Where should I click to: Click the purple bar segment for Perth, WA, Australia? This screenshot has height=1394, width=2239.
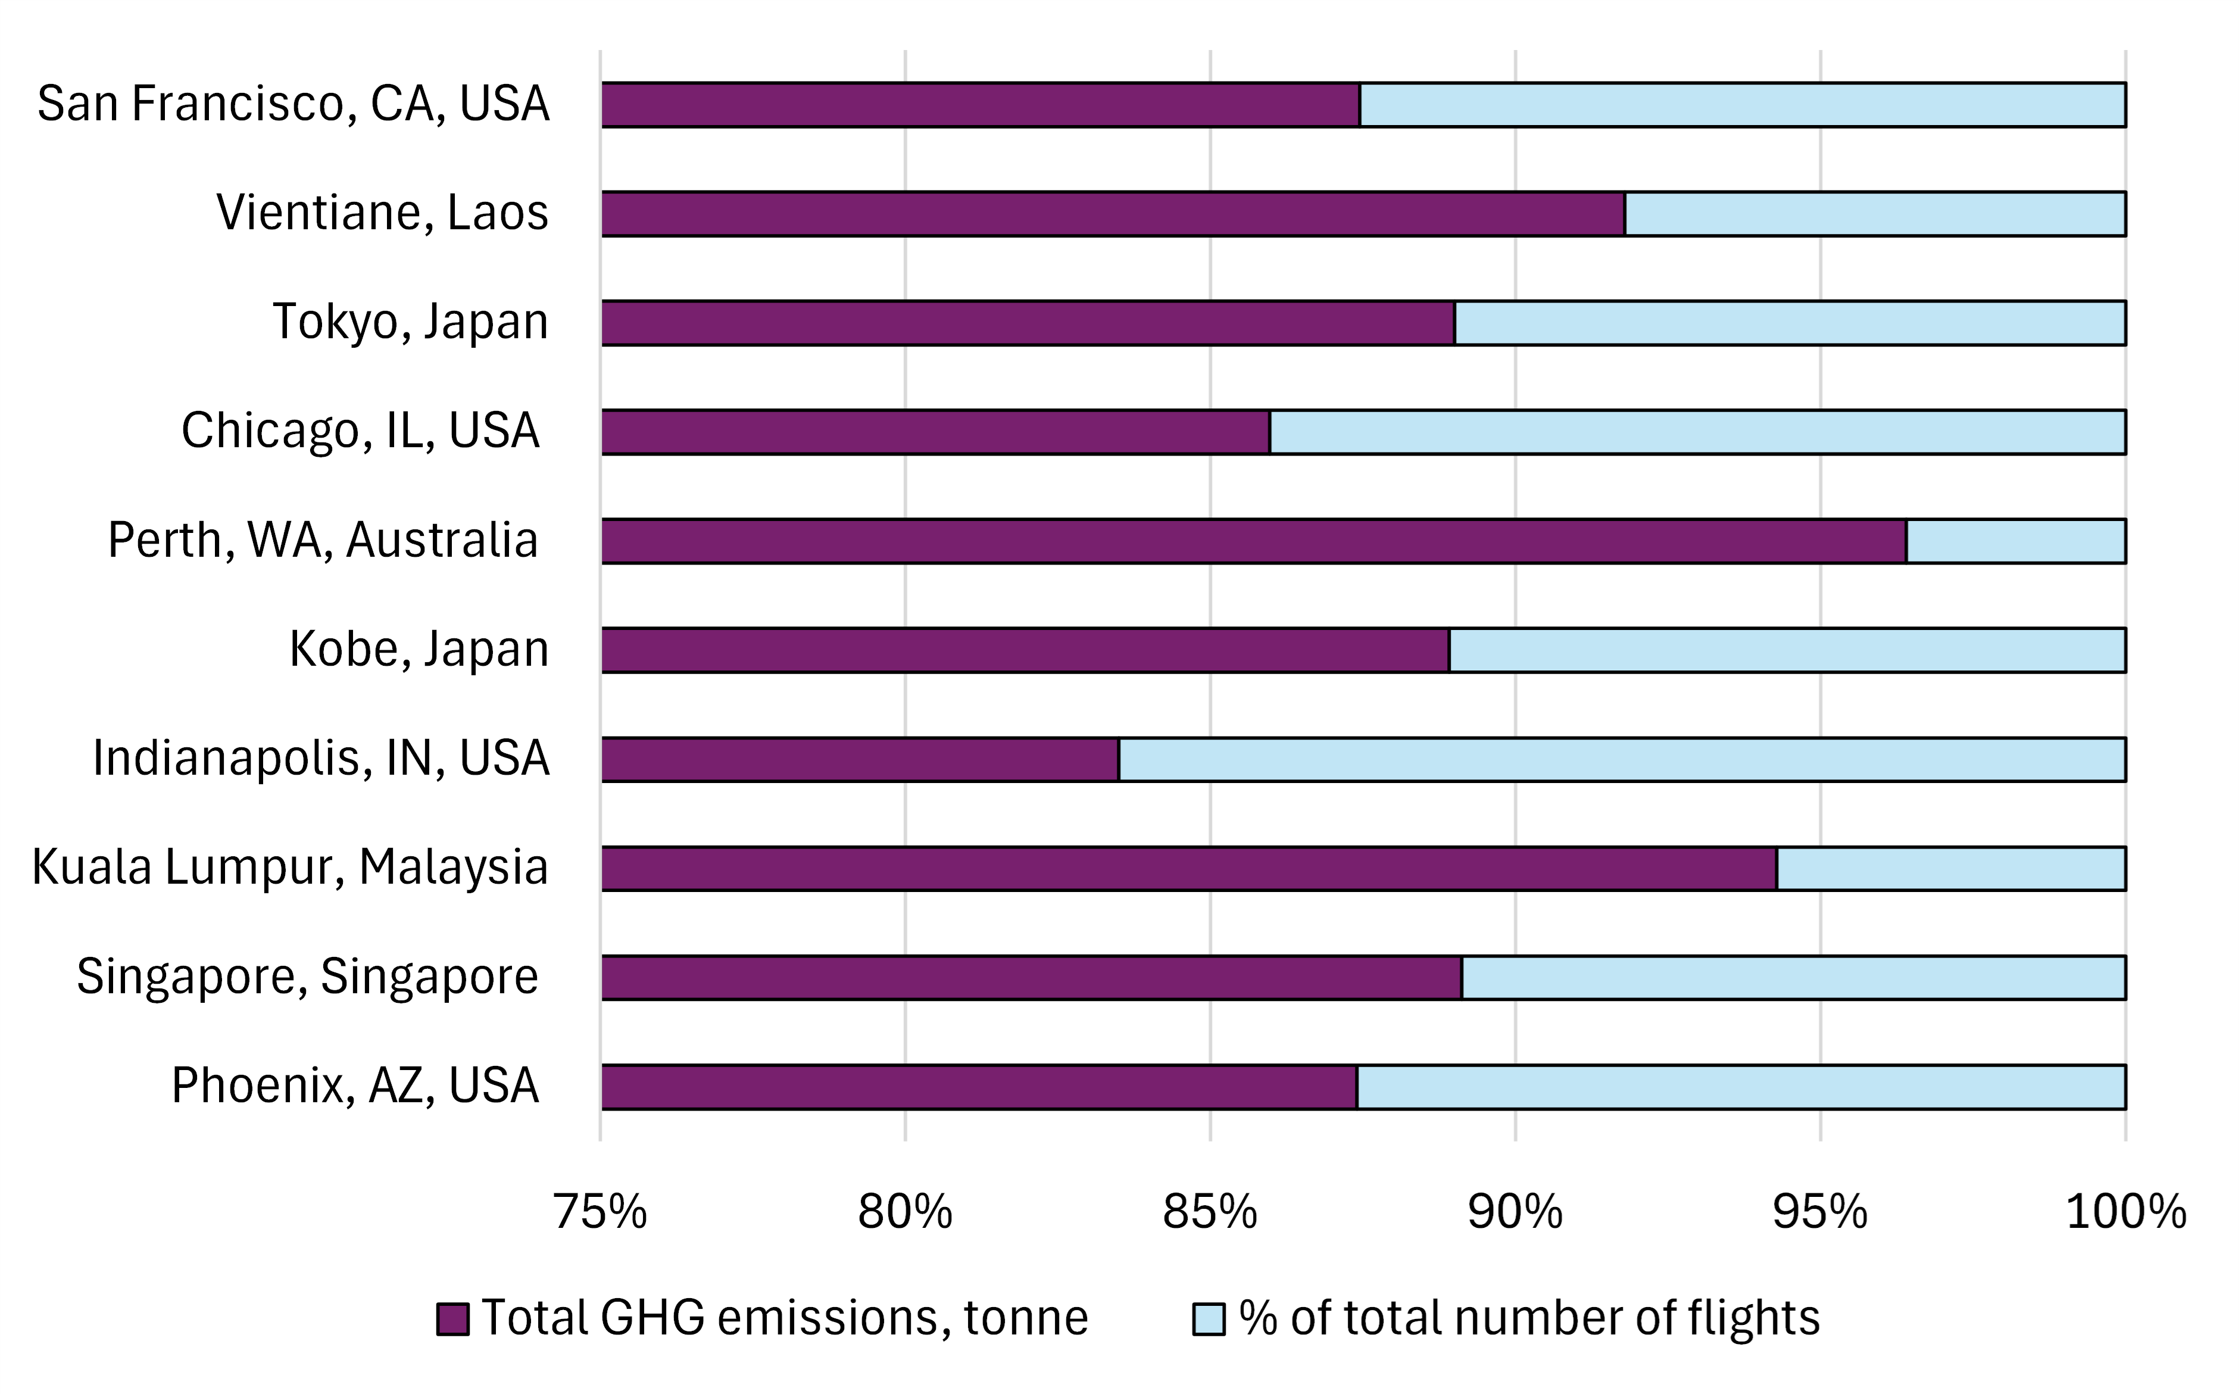[x=1254, y=541]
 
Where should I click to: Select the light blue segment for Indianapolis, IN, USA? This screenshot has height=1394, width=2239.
[x=1622, y=760]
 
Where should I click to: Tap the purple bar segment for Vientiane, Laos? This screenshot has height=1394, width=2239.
[x=1113, y=214]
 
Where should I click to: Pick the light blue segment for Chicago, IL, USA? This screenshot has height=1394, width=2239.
[x=1698, y=432]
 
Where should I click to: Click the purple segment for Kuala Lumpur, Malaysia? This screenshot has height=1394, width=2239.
[x=1189, y=868]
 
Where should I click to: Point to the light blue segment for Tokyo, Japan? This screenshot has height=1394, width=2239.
[x=1790, y=323]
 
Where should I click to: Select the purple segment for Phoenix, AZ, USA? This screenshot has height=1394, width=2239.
[x=979, y=1087]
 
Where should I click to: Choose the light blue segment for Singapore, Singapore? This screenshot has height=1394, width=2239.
[x=1794, y=977]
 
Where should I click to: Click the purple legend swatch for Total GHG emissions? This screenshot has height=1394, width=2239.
[x=452, y=1318]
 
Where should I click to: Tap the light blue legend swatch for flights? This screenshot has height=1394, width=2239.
[x=1209, y=1318]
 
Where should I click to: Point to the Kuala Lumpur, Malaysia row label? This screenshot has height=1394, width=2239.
[x=291, y=868]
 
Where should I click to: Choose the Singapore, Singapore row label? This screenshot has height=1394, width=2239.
[x=307, y=977]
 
